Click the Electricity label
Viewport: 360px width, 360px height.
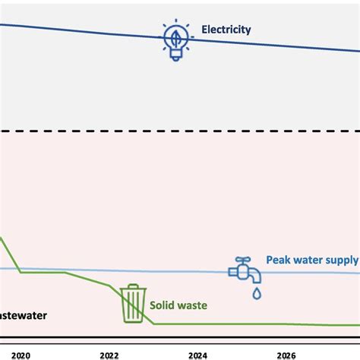coord(226,30)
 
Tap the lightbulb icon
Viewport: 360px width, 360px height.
coord(174,40)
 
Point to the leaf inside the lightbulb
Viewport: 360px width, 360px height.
coord(174,36)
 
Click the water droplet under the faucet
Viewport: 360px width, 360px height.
coord(257,292)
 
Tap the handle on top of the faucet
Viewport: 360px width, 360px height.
coord(242,260)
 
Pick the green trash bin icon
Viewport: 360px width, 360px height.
coord(134,303)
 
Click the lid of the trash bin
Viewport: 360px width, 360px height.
coord(134,289)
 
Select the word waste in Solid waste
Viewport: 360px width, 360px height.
coord(194,305)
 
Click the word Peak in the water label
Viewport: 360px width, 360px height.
coord(278,260)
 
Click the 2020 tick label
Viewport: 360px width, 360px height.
coord(21,354)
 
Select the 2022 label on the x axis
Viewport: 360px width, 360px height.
coord(109,354)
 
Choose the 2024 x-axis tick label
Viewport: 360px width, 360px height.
coord(197,354)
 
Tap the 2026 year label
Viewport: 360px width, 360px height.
coord(286,354)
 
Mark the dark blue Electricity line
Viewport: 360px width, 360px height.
coord(91,32)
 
